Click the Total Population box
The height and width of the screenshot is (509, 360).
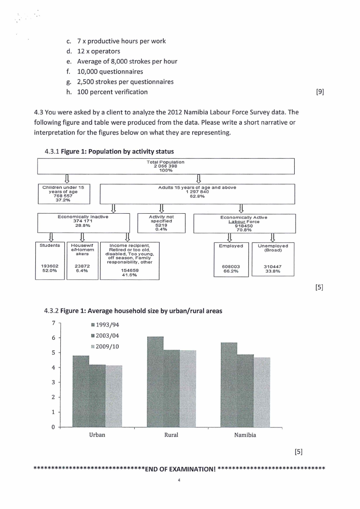pyautogui.click(x=166, y=166)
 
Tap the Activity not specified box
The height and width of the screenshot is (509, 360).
pyautogui.click(x=161, y=223)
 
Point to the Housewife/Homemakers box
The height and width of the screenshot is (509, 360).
pyautogui.click(x=82, y=260)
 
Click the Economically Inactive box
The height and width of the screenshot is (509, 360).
pyautogui.click(x=83, y=223)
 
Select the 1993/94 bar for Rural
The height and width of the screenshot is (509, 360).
pyautogui.click(x=155, y=382)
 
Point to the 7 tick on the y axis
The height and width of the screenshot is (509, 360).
pyautogui.click(x=53, y=323)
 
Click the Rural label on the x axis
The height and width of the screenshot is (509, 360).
pyautogui.click(x=171, y=435)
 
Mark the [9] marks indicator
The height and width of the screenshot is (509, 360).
pyautogui.click(x=319, y=92)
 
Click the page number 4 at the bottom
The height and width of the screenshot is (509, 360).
pyautogui.click(x=180, y=480)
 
